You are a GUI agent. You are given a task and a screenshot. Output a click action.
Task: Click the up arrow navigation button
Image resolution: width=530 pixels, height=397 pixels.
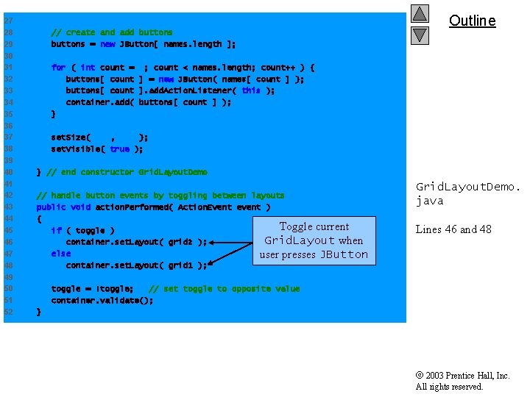[420, 14]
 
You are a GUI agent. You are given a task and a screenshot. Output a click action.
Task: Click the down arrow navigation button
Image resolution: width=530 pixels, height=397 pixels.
[420, 35]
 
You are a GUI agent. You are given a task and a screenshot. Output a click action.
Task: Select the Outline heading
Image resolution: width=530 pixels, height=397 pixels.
[472, 21]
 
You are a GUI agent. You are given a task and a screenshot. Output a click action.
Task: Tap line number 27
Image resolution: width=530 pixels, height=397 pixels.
[8, 21]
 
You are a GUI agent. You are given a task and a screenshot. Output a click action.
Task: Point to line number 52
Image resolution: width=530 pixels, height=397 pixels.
[8, 312]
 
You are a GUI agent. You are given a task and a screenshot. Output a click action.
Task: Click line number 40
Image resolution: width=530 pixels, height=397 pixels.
[8, 172]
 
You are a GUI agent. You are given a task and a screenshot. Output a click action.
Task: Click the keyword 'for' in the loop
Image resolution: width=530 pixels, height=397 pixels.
[58, 68]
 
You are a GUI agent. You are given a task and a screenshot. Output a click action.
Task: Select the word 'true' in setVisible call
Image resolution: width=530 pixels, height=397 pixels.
[119, 149]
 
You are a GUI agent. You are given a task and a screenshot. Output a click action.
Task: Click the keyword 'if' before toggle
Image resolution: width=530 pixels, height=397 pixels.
[56, 231]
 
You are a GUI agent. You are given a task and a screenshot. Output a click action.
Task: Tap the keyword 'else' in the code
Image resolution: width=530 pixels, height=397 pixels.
[61, 254]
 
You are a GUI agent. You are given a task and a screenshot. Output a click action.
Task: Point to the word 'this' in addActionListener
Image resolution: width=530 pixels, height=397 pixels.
[250, 90]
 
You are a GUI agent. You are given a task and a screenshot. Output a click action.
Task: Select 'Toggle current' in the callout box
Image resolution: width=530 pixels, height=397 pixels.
[314, 226]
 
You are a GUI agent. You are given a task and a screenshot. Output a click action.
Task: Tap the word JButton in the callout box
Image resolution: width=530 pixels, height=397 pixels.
[344, 255]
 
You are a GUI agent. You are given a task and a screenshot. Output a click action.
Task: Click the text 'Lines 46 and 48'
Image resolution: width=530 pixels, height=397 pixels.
[453, 229]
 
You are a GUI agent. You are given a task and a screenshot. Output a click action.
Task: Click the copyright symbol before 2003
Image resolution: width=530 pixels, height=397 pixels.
[420, 376]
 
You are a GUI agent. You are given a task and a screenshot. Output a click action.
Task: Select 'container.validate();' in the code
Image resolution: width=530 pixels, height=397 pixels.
[102, 300]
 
